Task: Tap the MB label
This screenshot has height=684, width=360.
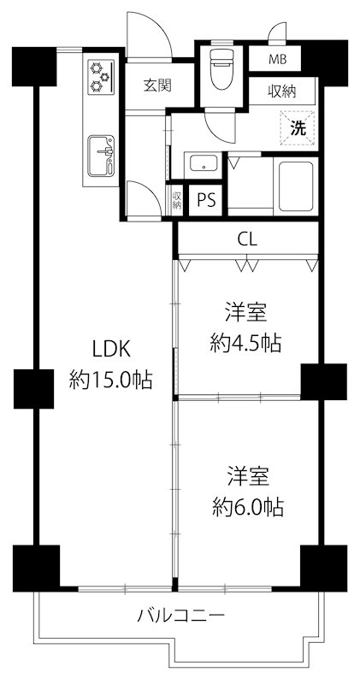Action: pyautogui.click(x=278, y=60)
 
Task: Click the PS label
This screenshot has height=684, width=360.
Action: pyautogui.click(x=206, y=200)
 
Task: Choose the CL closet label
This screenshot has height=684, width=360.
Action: pyautogui.click(x=248, y=239)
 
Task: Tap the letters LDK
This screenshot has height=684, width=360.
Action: pyautogui.click(x=110, y=349)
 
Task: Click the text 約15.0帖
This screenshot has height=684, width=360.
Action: pyautogui.click(x=110, y=379)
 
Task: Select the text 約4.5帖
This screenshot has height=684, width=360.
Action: pyautogui.click(x=246, y=344)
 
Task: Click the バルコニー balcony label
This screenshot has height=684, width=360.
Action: pyautogui.click(x=180, y=616)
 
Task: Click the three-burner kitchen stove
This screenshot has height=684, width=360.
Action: pyautogui.click(x=101, y=74)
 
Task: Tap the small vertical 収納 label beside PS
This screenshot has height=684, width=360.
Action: pyautogui.click(x=177, y=200)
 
